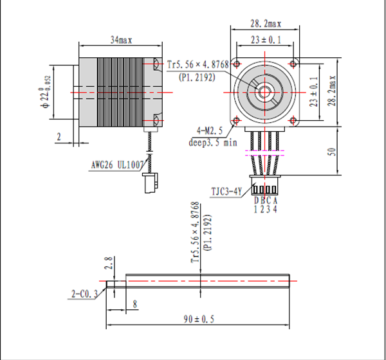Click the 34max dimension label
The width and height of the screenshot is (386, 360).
click(x=121, y=40)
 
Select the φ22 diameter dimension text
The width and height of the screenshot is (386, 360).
click(x=46, y=91)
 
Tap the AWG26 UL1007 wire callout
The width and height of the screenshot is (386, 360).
click(x=117, y=165)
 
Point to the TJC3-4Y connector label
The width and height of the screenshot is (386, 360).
click(x=226, y=192)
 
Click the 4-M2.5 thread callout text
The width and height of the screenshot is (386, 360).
click(x=210, y=130)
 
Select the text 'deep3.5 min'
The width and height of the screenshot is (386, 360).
click(x=213, y=143)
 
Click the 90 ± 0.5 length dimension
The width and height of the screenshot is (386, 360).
click(x=199, y=319)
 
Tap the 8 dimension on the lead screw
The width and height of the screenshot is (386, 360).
click(x=135, y=304)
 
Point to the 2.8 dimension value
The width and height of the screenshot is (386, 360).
click(x=109, y=263)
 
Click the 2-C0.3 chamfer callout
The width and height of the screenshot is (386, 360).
click(x=84, y=294)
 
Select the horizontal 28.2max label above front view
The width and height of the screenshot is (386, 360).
click(x=266, y=24)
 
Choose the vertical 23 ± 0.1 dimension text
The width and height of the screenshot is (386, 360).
click(x=313, y=91)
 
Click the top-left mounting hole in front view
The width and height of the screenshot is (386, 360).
click(x=237, y=64)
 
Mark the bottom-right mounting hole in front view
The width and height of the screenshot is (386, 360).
click(x=293, y=121)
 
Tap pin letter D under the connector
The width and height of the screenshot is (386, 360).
click(x=256, y=201)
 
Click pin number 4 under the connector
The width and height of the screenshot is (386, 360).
click(x=275, y=209)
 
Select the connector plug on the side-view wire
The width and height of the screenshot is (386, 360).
click(x=150, y=183)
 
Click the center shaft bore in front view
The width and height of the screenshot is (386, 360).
click(x=264, y=93)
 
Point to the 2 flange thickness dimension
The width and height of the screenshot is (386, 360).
click(x=59, y=137)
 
